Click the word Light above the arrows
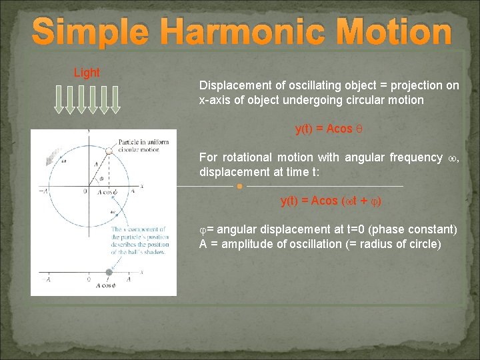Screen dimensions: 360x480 [x=87, y=73]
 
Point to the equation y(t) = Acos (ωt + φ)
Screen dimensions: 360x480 [x=331, y=201]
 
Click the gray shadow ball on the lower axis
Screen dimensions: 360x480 [x=109, y=272]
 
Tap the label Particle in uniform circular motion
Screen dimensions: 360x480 [x=143, y=145]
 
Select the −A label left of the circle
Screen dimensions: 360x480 [x=43, y=191]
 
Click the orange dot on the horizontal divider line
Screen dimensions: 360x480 [x=239, y=186]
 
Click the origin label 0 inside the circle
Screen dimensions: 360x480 [x=85, y=191]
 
